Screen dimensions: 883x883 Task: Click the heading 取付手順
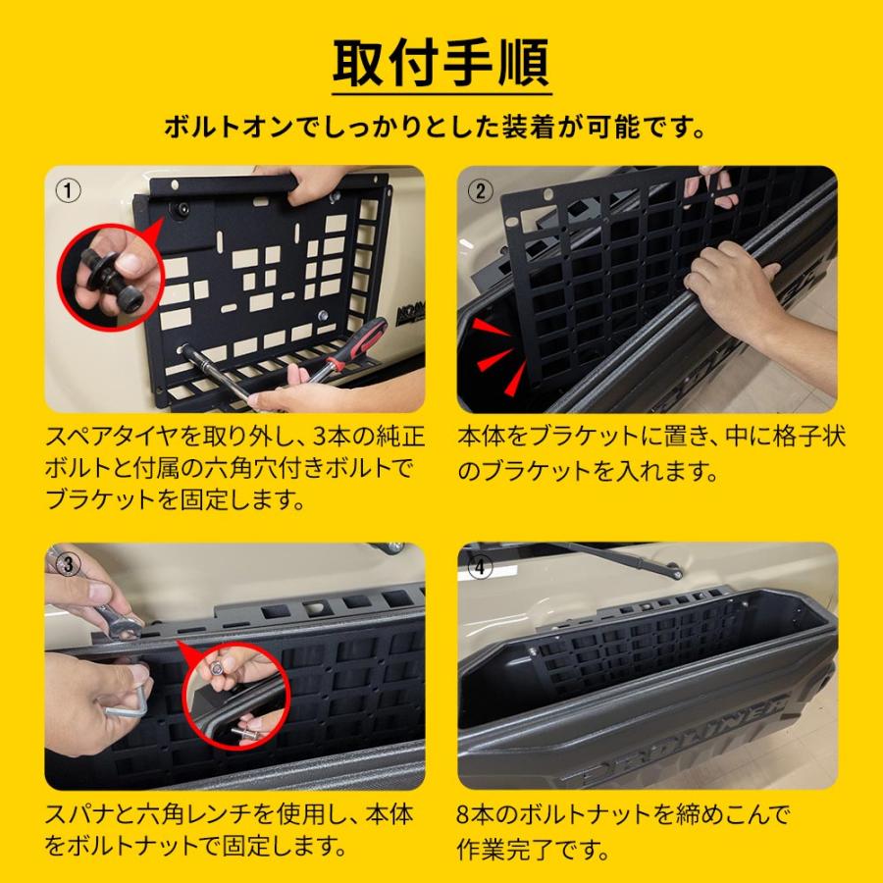(441, 63)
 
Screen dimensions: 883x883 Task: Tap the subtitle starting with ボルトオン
(441, 128)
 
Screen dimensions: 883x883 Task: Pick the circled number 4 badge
(481, 564)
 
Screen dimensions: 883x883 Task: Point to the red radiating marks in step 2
(495, 348)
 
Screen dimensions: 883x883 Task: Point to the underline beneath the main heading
(441, 95)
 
